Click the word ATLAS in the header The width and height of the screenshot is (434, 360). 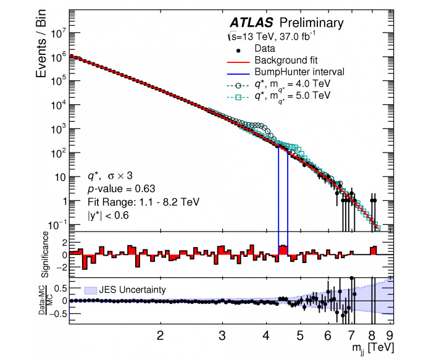coord(251,23)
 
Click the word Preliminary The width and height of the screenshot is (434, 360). coord(312,23)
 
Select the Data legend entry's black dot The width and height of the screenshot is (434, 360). coord(238,51)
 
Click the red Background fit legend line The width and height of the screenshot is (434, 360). coord(238,62)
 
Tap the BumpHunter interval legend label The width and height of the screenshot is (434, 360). coord(299,72)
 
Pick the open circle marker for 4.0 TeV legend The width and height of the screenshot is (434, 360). coord(238,86)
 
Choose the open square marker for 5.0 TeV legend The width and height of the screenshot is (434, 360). coord(238,97)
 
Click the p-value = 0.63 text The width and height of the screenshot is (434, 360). coord(122,189)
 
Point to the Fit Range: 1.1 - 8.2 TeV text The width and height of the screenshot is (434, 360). coord(143,202)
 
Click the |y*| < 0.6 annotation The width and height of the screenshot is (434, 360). coord(108,215)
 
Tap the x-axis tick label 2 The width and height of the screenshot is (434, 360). coord(160,336)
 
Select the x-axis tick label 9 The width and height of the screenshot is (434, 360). coord(390,336)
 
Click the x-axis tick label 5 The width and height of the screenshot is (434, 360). coord(300,336)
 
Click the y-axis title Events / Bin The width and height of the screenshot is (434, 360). coord(41,44)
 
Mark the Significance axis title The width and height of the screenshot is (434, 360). coord(45,254)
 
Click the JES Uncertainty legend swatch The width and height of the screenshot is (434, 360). coord(91,290)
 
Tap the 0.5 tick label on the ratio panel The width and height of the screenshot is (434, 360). coord(61,288)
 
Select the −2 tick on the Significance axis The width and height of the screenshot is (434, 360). coord(61,267)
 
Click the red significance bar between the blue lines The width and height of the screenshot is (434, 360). coord(283,250)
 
